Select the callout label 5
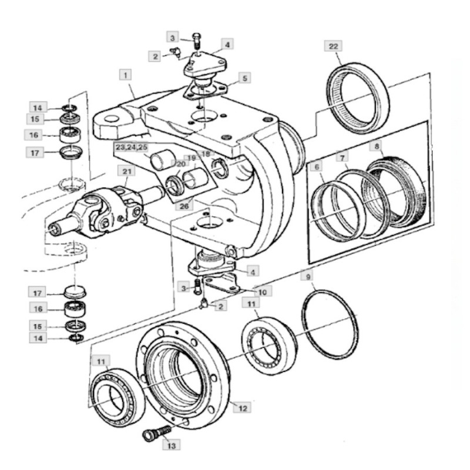(245, 77)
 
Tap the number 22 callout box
(333, 46)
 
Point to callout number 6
(317, 167)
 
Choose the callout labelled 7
(341, 159)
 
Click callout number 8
(377, 145)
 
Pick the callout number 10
(262, 291)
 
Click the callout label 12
(242, 407)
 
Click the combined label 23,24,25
(132, 147)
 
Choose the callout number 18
(205, 154)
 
